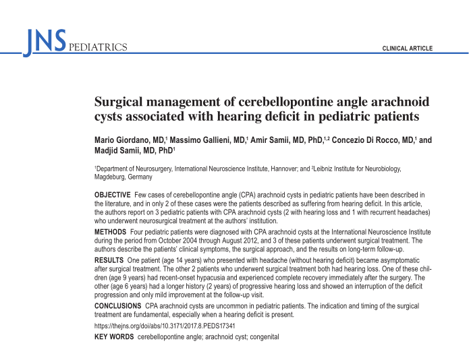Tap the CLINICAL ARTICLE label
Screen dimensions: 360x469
tap(407, 49)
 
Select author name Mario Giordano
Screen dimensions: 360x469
tap(119, 140)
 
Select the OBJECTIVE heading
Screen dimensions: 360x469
tap(112, 195)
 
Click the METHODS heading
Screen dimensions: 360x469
tap(109, 231)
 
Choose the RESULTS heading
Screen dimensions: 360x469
tap(109, 260)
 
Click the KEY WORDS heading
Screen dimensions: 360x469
tap(113, 336)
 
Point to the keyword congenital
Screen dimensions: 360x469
tap(263, 336)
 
